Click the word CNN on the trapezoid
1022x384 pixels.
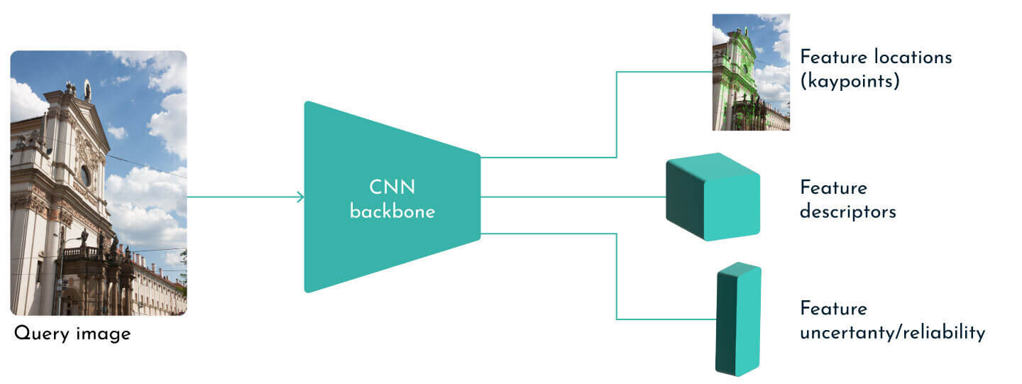point(392,188)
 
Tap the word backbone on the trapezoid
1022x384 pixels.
point(392,212)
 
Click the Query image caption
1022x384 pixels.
point(72,334)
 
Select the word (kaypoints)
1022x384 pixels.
point(850,82)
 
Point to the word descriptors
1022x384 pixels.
point(847,212)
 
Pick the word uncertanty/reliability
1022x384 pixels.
point(892,333)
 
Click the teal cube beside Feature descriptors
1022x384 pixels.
point(713,197)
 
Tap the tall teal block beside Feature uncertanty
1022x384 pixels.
point(738,319)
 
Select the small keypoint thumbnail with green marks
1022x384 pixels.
point(751,72)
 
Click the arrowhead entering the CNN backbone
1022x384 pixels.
point(301,197)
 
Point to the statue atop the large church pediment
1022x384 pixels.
point(87,90)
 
